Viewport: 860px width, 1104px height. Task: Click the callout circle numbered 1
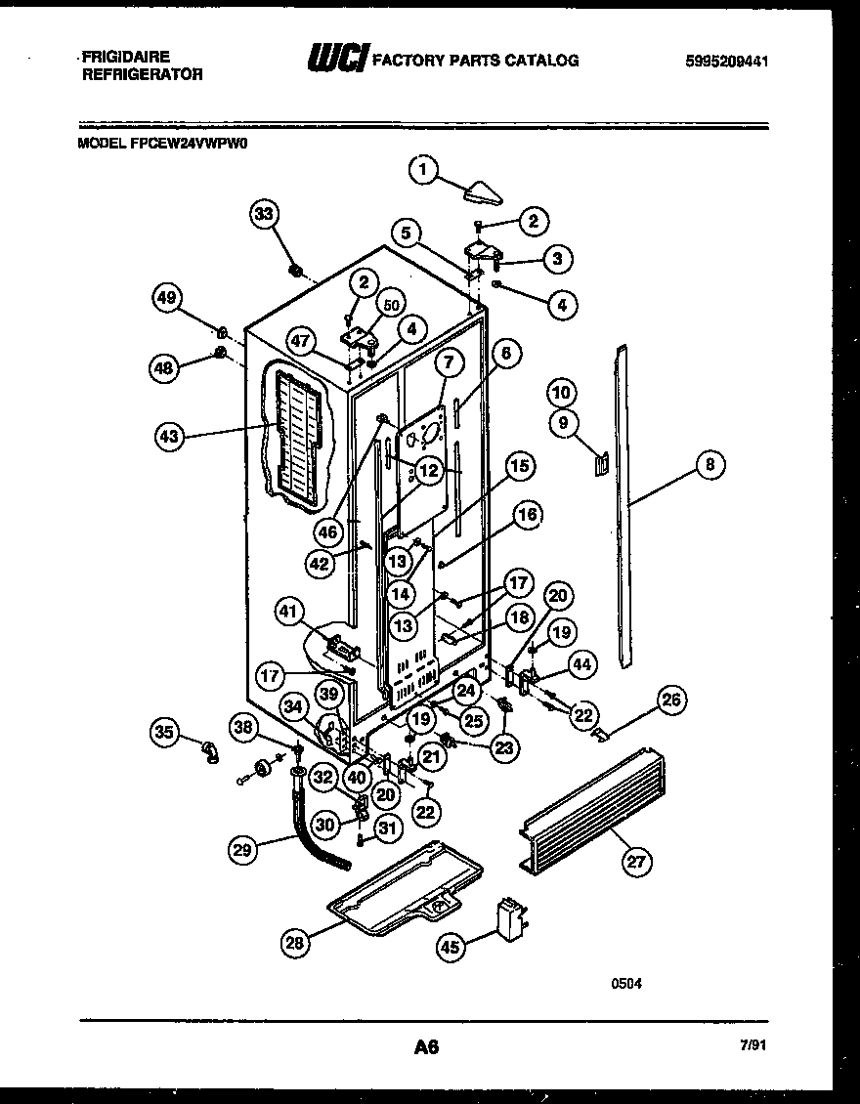(x=422, y=172)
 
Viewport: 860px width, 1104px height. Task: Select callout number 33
(x=264, y=214)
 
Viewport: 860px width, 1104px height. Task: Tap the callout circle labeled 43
(x=169, y=437)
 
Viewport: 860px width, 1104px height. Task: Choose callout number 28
(x=294, y=942)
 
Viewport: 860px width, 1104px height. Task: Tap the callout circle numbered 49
(x=169, y=298)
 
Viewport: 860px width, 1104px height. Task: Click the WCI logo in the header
(x=335, y=60)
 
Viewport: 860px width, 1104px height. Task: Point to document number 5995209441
(x=726, y=61)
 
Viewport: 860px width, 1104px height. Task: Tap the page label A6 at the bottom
(x=425, y=1047)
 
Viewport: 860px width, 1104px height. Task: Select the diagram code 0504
(x=626, y=984)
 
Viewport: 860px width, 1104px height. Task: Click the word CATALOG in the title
(x=541, y=61)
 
